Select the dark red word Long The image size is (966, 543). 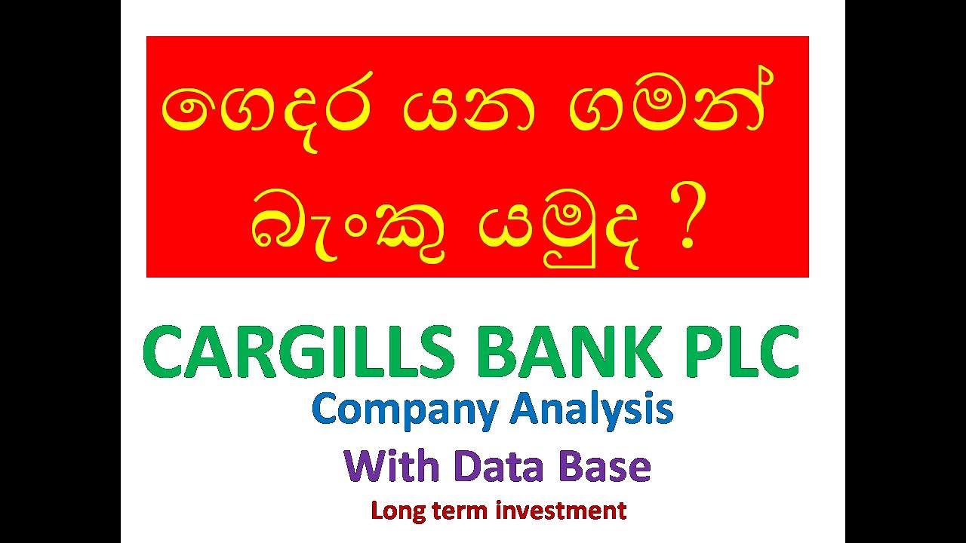tap(397, 511)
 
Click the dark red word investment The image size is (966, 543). tap(561, 511)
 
